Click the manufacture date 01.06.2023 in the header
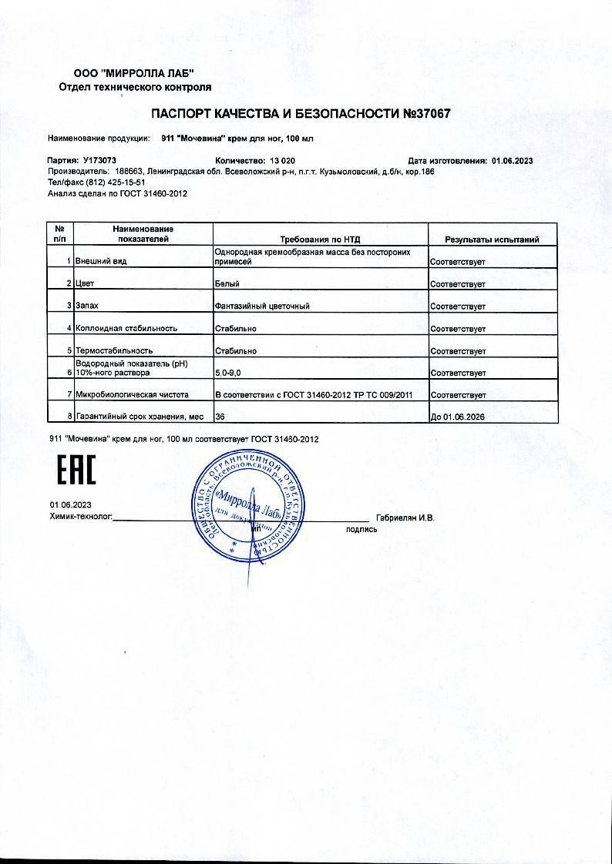[512, 161]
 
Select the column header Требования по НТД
[320, 239]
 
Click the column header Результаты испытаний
[492, 239]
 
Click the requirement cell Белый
[226, 284]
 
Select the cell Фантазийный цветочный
[262, 306]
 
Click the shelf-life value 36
[220, 417]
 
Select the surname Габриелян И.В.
[405, 517]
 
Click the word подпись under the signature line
[361, 529]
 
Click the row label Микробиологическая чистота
[132, 395]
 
